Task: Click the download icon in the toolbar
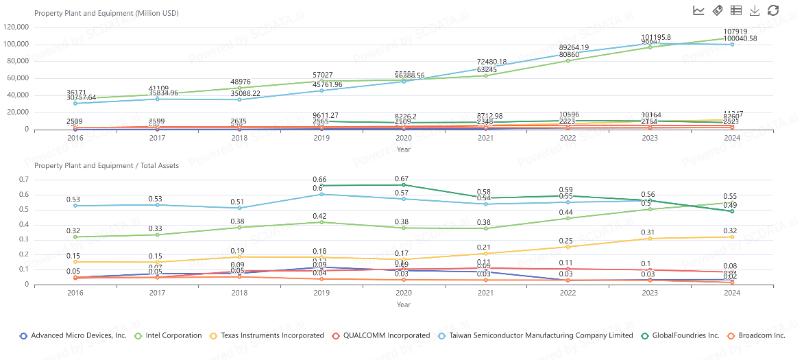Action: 755,10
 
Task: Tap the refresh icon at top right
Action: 773,10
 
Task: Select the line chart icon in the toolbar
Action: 698,10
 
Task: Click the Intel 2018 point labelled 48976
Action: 239,88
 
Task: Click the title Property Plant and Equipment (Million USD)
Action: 106,13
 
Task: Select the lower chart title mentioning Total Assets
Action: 106,165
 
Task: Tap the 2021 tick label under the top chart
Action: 485,139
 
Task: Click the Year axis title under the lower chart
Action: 404,304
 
